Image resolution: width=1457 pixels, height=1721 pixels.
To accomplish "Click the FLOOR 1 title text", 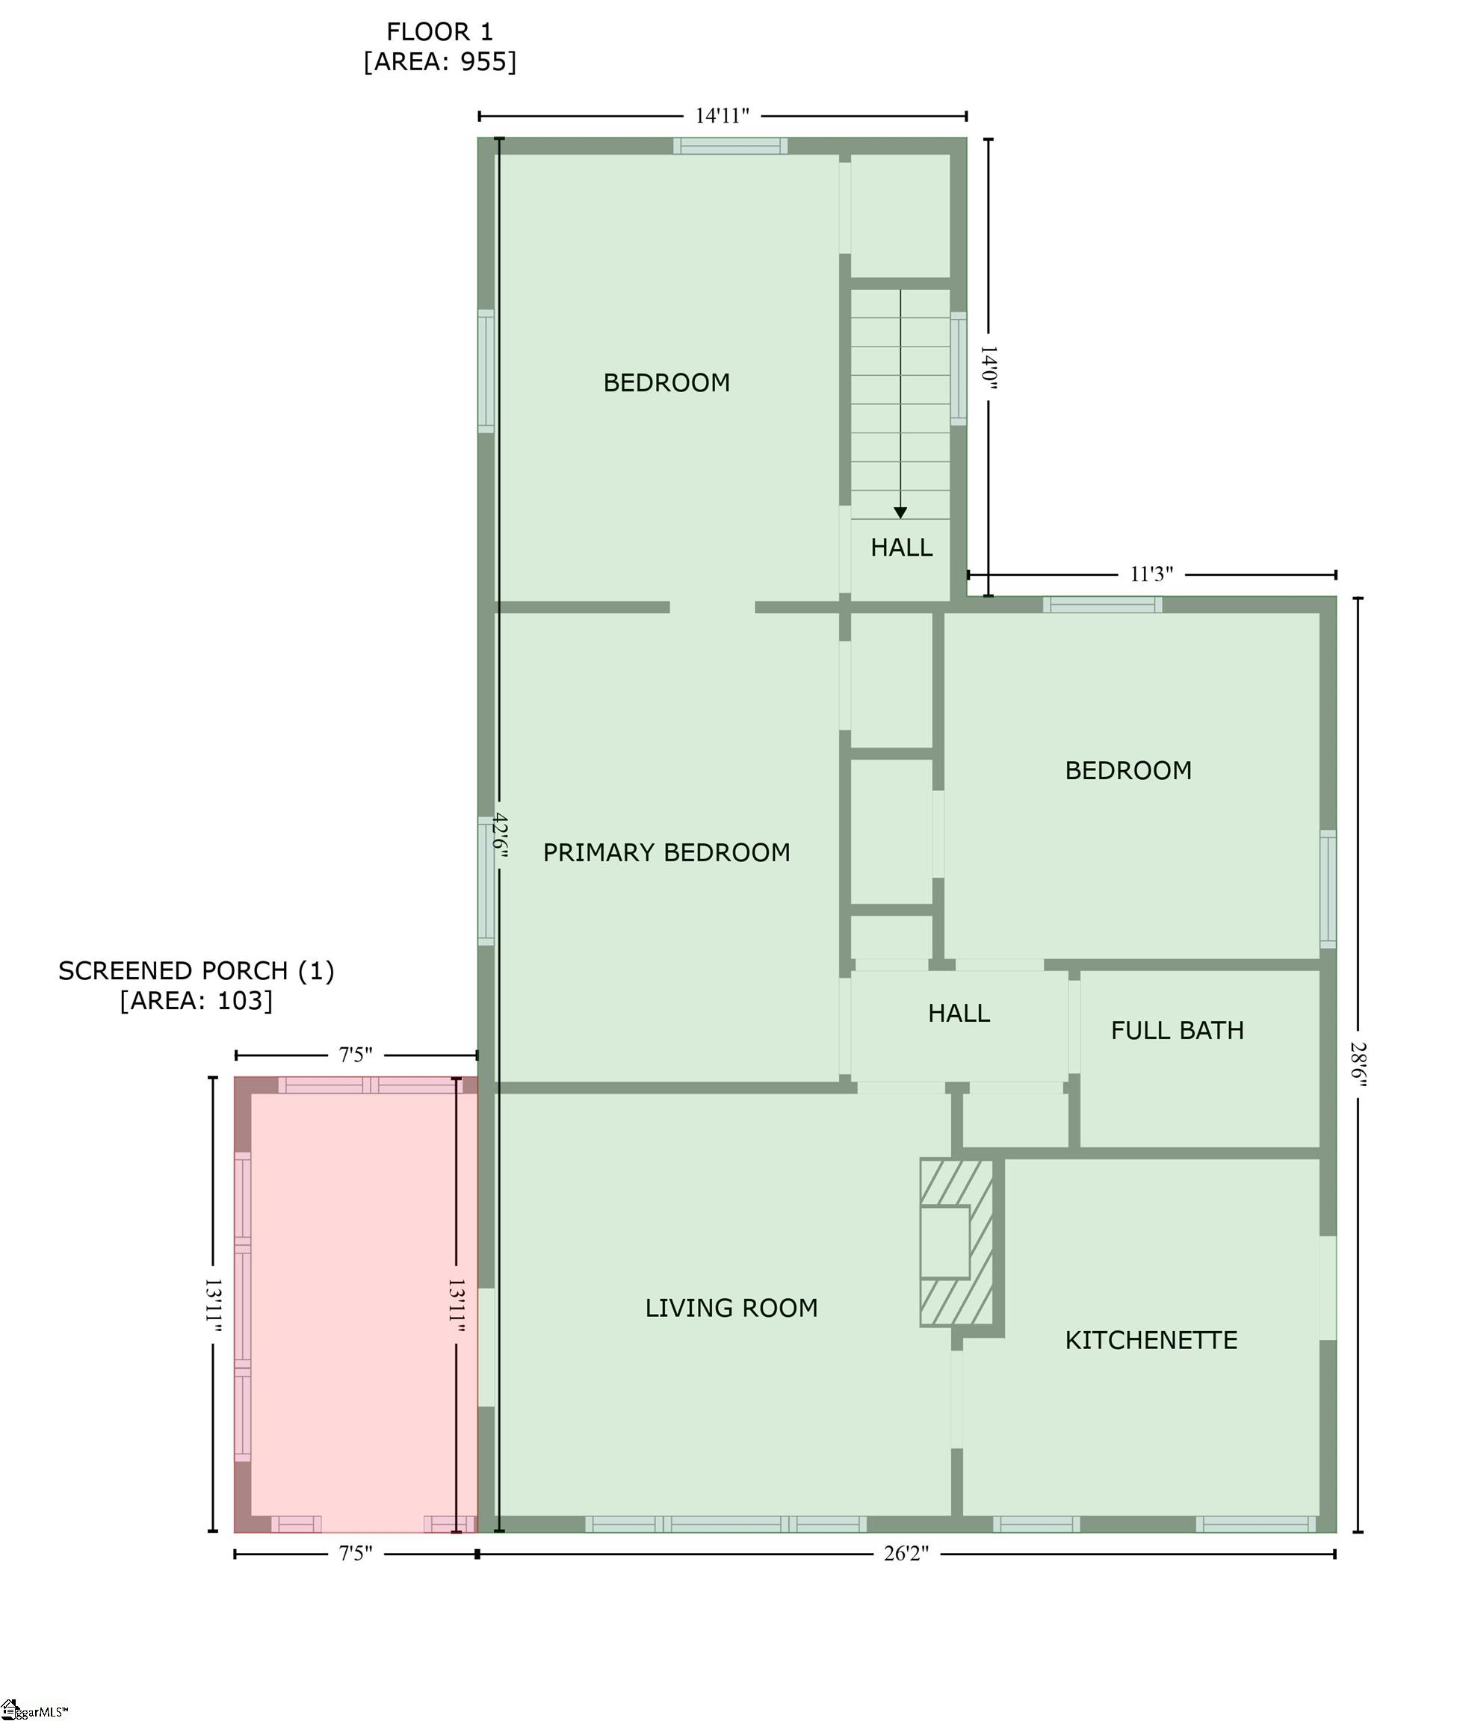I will pyautogui.click(x=439, y=32).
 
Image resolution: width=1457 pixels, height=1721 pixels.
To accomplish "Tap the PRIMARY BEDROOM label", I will pyautogui.click(x=666, y=852).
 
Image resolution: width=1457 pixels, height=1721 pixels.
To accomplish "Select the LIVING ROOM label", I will pyautogui.click(x=731, y=1307).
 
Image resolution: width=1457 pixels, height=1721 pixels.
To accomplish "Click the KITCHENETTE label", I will pyautogui.click(x=1151, y=1339).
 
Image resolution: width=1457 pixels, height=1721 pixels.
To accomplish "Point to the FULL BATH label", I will pyautogui.click(x=1176, y=1030).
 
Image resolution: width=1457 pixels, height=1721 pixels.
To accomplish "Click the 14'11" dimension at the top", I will pyautogui.click(x=722, y=116).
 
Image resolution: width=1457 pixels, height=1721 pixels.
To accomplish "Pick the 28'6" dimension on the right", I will pyautogui.click(x=1358, y=1064).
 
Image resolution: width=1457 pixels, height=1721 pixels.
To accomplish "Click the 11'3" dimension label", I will pyautogui.click(x=1151, y=574).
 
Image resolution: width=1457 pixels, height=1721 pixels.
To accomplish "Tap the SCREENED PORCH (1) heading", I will pyautogui.click(x=196, y=970).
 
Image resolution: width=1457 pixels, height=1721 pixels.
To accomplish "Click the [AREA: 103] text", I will pyautogui.click(x=196, y=1000).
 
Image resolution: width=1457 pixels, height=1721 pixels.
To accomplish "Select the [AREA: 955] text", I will pyautogui.click(x=439, y=62).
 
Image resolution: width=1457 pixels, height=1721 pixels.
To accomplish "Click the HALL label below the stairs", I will pyautogui.click(x=901, y=547).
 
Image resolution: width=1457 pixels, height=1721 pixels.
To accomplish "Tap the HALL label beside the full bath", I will pyautogui.click(x=958, y=1014).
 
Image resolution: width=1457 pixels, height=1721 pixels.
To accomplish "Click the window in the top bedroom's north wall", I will pyautogui.click(x=730, y=146).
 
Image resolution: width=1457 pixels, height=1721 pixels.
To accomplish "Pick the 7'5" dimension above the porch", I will pyautogui.click(x=355, y=1055).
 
